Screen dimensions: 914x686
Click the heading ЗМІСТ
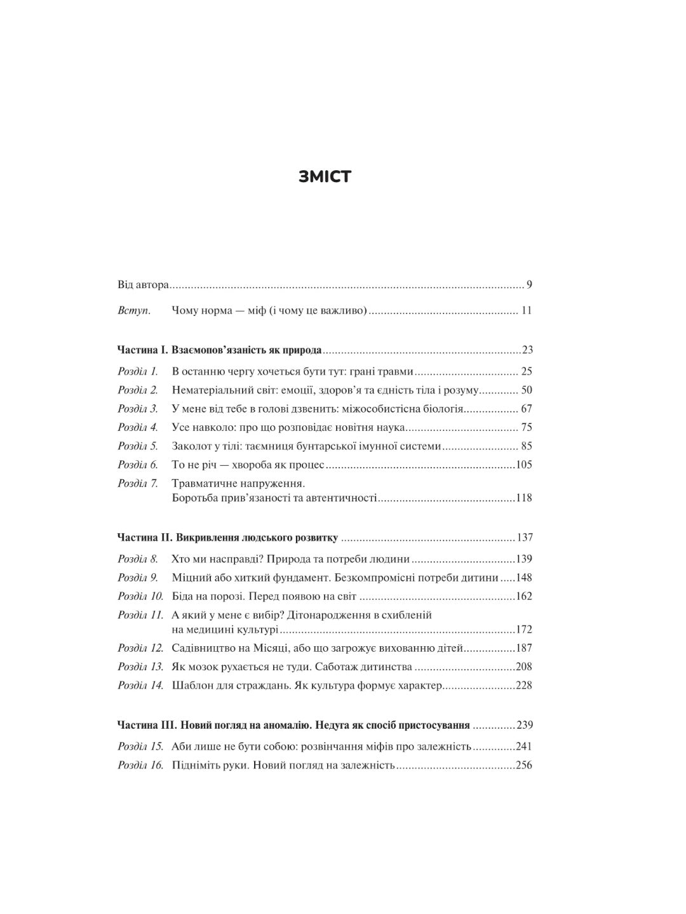(324, 177)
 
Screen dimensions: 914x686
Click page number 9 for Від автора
(529, 284)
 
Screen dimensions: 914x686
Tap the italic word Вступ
(134, 310)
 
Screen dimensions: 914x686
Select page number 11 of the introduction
(526, 310)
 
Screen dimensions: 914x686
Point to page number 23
(527, 350)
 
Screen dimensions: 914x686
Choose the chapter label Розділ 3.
(138, 409)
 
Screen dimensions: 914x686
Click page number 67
(526, 409)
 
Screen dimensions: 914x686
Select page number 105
(524, 465)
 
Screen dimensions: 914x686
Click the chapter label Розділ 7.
(138, 484)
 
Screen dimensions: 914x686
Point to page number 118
(524, 498)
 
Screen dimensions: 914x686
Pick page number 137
(525, 538)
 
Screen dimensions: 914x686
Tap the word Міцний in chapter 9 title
(189, 578)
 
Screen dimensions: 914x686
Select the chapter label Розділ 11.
(140, 615)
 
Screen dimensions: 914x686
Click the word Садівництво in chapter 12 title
(203, 648)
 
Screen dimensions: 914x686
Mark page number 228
(524, 685)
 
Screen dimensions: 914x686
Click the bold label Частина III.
(147, 725)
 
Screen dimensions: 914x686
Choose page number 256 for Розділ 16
(524, 765)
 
